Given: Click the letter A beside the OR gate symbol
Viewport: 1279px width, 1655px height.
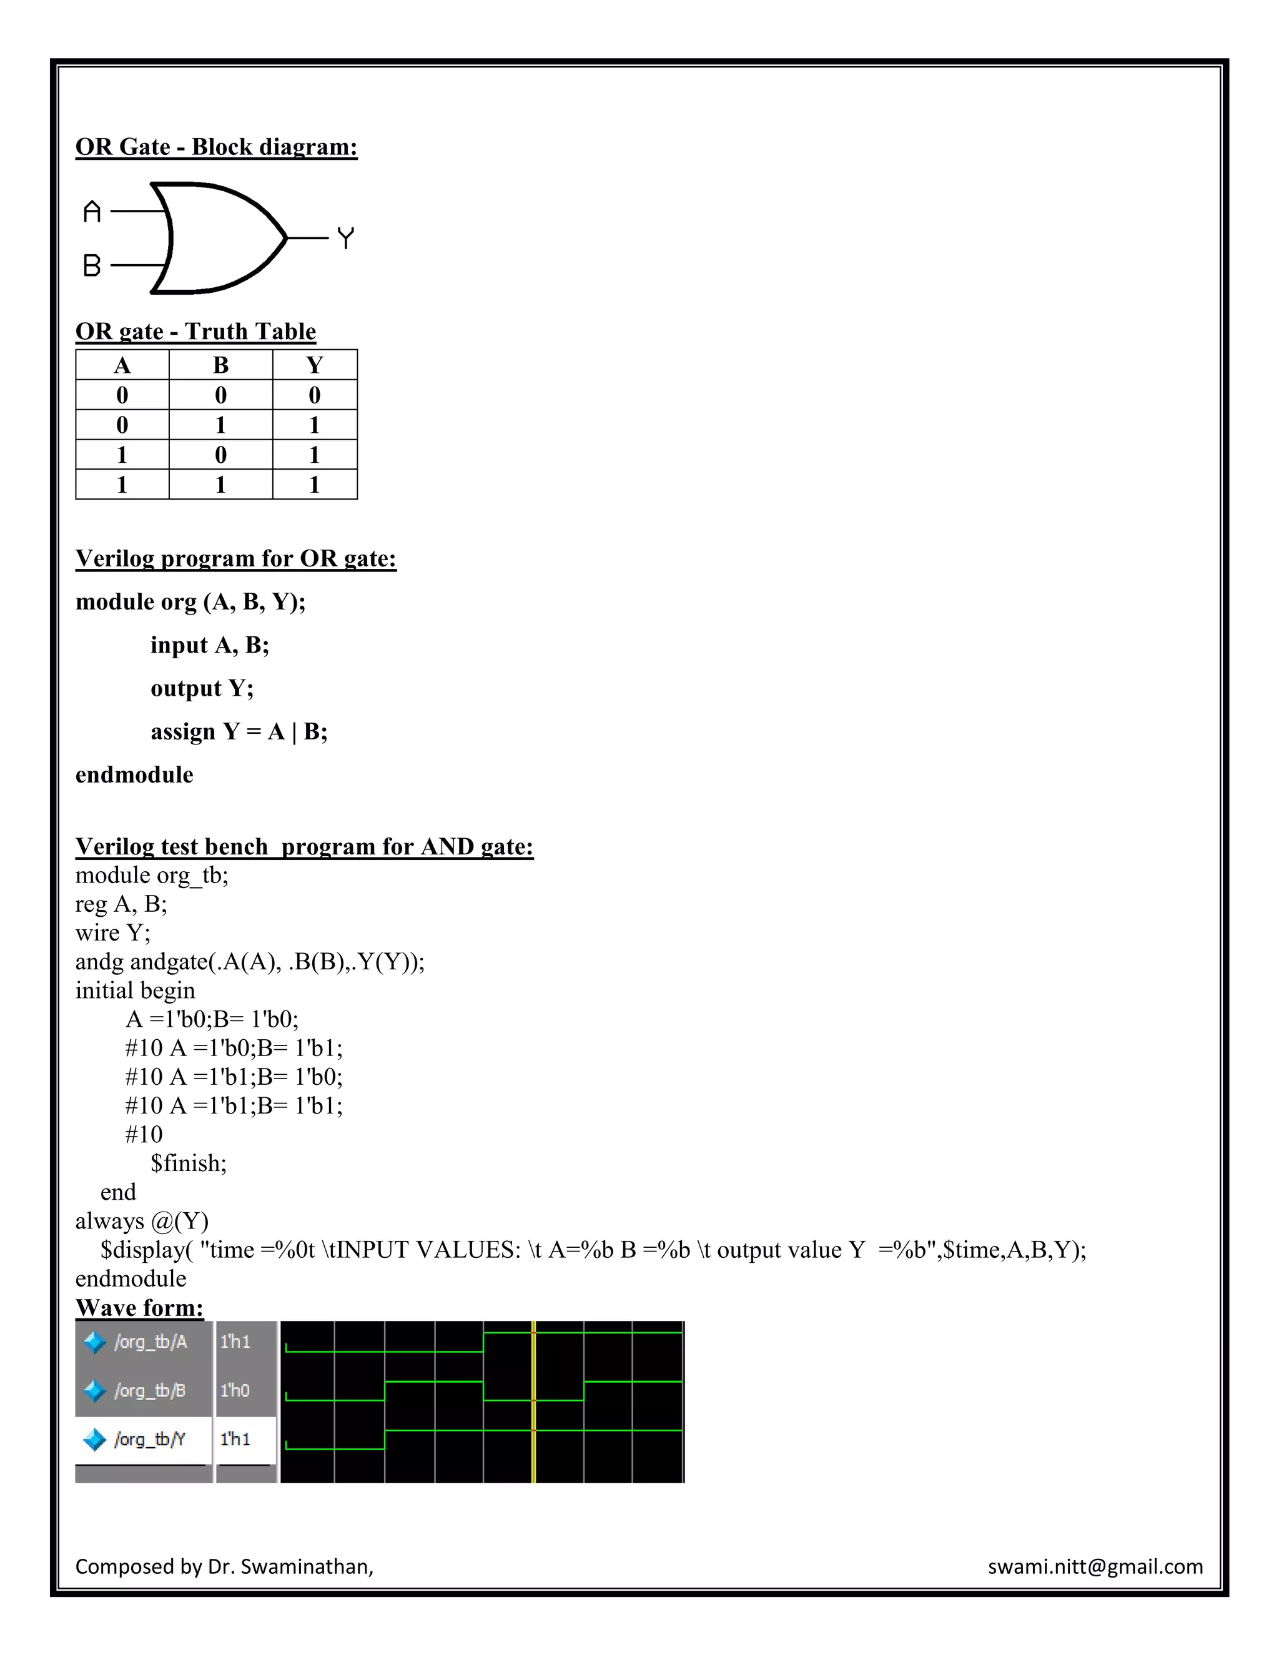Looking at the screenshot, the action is [x=92, y=212].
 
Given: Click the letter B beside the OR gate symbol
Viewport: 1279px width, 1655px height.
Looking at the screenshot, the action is [x=92, y=265].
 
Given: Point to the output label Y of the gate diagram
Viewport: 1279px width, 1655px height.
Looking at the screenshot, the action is [x=345, y=238].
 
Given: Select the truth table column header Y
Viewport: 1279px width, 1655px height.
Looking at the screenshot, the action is [x=315, y=365].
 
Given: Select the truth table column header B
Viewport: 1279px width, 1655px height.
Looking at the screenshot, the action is [x=220, y=365].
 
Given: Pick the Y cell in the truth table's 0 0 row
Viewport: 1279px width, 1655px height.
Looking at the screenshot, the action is [x=315, y=395].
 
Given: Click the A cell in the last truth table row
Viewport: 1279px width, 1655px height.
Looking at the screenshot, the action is [x=122, y=484].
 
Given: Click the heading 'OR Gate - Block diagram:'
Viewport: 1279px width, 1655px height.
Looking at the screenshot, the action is [x=216, y=146].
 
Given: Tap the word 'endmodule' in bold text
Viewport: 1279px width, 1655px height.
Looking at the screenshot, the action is [x=134, y=774].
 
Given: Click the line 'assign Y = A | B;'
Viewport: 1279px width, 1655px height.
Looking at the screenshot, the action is [x=239, y=731].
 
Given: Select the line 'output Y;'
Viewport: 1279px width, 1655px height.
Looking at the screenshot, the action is [x=202, y=688].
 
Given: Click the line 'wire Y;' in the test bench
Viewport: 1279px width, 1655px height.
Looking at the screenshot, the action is [x=113, y=933].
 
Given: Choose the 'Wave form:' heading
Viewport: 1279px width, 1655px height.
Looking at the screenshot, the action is [x=139, y=1307].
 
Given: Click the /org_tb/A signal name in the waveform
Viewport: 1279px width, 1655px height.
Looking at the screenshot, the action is [x=150, y=1342].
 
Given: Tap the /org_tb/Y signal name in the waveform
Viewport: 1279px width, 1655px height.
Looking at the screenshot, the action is [x=149, y=1439].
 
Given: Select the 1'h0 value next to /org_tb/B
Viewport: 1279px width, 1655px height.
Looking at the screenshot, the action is [x=235, y=1391].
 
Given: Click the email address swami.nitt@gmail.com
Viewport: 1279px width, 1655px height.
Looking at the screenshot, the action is [x=1095, y=1566].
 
